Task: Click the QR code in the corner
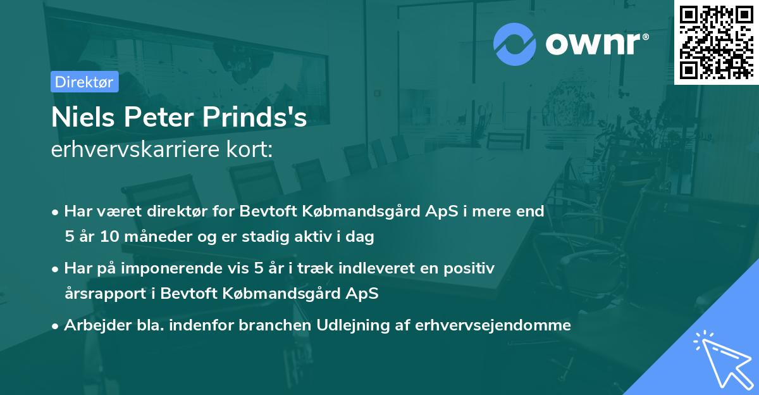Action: coord(716,42)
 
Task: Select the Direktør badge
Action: coord(84,82)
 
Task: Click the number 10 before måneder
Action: coord(116,237)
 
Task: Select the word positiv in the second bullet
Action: coord(471,268)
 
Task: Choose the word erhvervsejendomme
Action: coord(493,325)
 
